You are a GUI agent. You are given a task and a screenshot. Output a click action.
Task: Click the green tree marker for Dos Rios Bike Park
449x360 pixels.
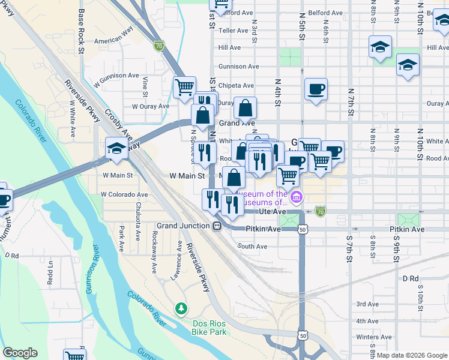click(181, 308)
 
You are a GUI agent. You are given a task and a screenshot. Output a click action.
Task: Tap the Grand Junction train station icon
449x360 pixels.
click(217, 226)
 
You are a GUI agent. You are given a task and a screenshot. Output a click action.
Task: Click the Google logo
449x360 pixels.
click(20, 352)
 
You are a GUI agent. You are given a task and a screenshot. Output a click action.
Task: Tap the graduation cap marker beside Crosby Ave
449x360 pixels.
click(116, 148)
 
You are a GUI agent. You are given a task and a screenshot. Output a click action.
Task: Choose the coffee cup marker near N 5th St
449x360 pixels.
click(316, 90)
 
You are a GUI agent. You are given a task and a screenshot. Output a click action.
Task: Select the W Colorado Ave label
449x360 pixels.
click(124, 194)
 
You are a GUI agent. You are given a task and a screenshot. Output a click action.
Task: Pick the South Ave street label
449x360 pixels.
click(252, 246)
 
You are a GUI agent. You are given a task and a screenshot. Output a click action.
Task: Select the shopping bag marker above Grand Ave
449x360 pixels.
click(245, 109)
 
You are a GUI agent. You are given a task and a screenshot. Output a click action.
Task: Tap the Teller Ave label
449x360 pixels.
click(234, 30)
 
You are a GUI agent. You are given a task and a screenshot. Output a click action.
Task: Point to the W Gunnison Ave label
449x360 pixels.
click(116, 76)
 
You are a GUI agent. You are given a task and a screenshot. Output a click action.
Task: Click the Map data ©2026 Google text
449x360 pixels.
click(411, 355)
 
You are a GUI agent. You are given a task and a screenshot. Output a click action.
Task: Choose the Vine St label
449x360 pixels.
click(145, 86)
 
